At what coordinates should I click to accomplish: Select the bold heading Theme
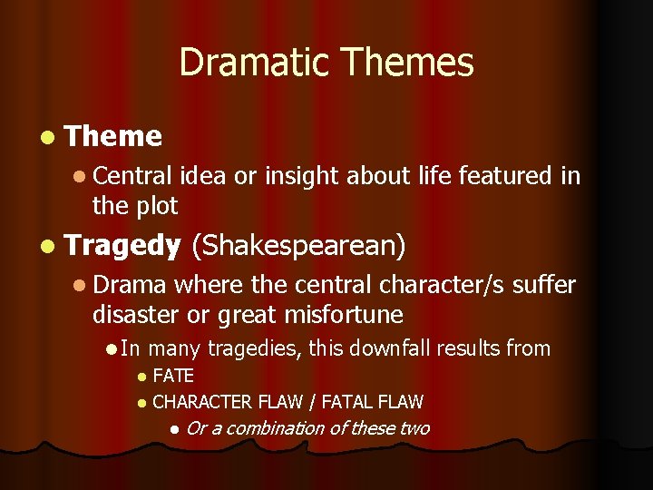coord(113,136)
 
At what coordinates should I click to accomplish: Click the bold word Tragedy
coord(123,245)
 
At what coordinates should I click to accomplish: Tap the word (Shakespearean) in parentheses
coord(298,246)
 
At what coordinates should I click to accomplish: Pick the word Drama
coord(130,285)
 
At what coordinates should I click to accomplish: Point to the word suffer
coord(543,285)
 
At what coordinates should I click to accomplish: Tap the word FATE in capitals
coord(173,376)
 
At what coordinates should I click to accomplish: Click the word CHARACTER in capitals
coord(202,401)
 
